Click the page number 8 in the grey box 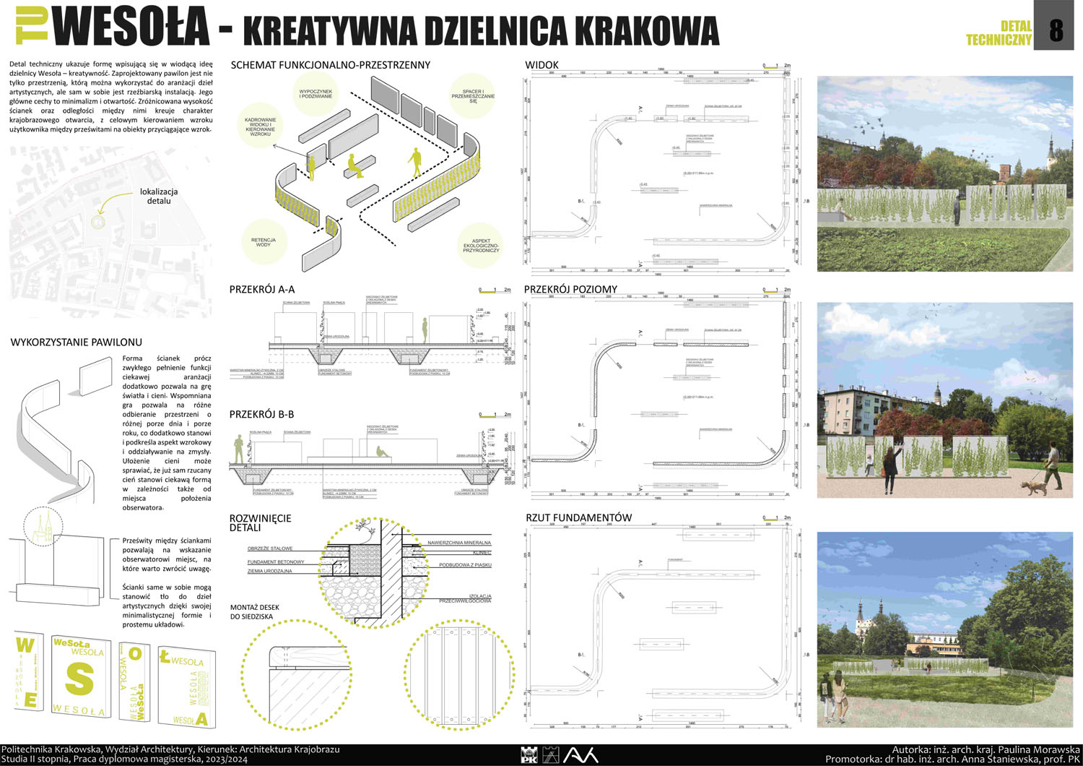click(1056, 30)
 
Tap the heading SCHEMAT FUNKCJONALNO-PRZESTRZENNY click(330, 65)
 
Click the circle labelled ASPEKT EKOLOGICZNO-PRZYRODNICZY click(481, 246)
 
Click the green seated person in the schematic click(354, 165)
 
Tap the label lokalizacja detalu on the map click(159, 196)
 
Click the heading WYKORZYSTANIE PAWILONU click(76, 343)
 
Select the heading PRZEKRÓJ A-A click(262, 290)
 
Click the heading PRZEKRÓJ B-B click(261, 415)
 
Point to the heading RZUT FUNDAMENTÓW click(578, 517)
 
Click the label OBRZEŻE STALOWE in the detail click(270, 548)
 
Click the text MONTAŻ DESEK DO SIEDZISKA click(255, 612)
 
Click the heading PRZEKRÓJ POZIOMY click(570, 290)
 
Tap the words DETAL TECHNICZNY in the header click(999, 33)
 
